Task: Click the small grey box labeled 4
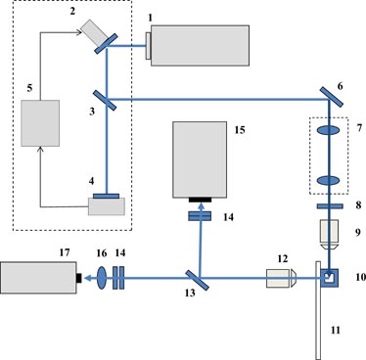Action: click(105, 207)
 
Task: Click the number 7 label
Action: click(359, 128)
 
